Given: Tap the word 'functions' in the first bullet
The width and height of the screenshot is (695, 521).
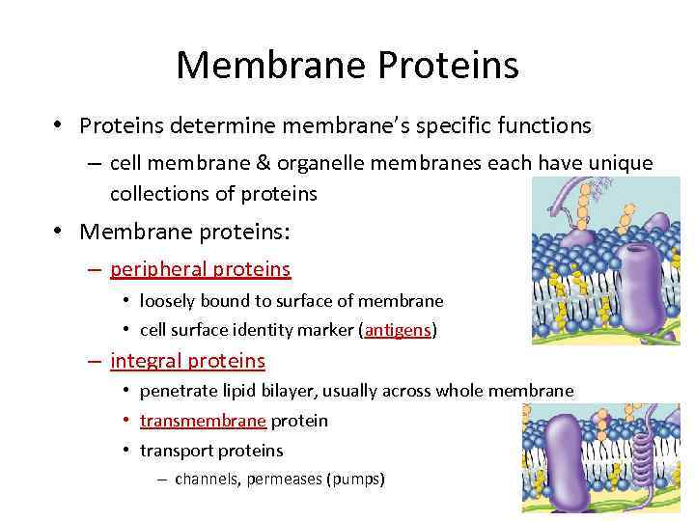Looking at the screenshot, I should click(544, 125).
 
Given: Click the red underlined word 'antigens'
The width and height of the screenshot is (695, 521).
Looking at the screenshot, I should click(398, 330).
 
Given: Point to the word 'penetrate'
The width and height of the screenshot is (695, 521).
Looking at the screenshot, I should click(177, 391).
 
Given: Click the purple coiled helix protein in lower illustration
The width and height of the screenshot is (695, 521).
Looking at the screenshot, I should click(632, 453).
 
